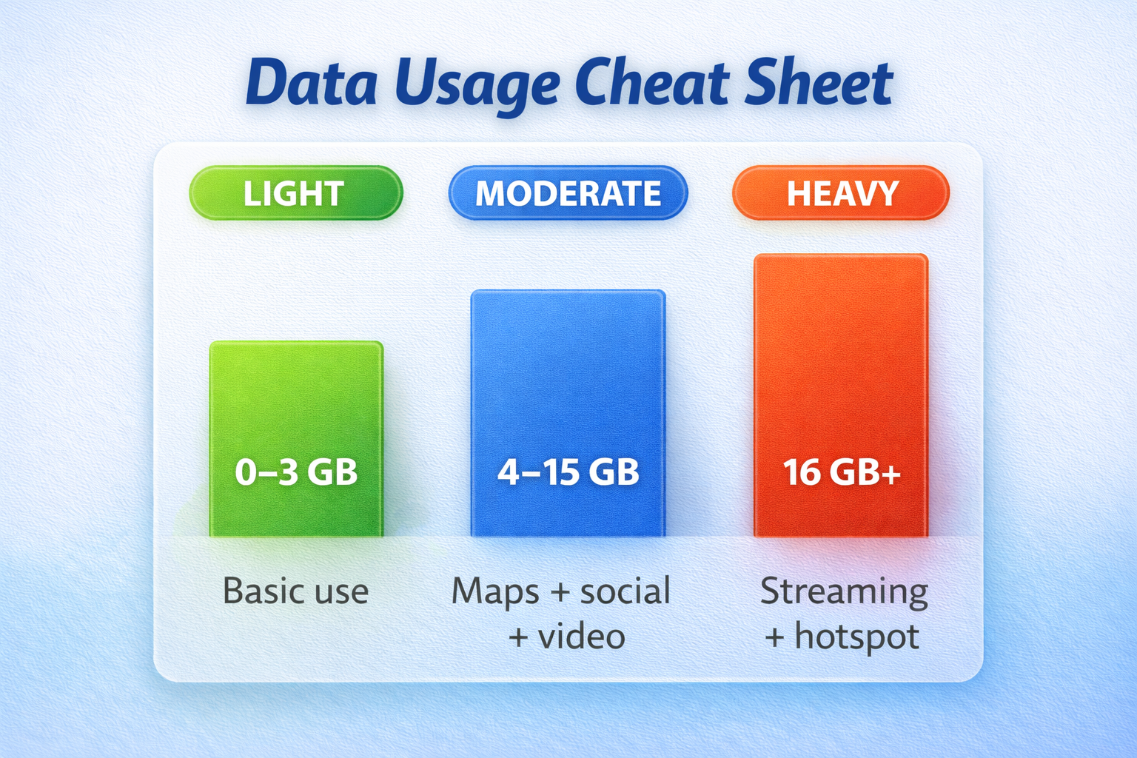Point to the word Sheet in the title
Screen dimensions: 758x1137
pos(819,83)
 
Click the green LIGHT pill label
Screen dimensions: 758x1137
pos(295,193)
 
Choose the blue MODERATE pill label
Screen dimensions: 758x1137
pos(568,193)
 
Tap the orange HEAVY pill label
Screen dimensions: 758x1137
pos(841,193)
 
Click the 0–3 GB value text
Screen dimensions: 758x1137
pos(296,472)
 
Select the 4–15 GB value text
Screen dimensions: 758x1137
pos(568,472)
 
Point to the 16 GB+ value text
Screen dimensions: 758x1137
pos(841,472)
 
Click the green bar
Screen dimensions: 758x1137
pos(296,400)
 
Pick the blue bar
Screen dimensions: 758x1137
pos(568,370)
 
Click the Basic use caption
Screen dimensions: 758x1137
pos(296,591)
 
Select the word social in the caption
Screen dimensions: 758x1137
pos(625,591)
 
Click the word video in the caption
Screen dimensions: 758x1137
pos(581,637)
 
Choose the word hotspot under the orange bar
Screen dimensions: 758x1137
pos(856,637)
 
